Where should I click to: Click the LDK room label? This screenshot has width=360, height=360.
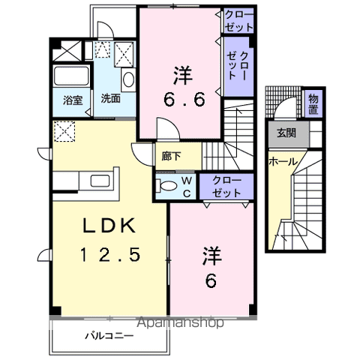pos(109,225)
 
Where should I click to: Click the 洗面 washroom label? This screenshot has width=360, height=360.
pos(110,98)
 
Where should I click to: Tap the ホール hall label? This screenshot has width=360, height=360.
pos(283,162)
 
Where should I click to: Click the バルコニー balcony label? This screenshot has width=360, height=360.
pos(109,336)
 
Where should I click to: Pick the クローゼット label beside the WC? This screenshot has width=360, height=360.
pos(226,186)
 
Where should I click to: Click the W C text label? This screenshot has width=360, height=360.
pos(187,185)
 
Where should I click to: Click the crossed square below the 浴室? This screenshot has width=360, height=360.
pos(64,133)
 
